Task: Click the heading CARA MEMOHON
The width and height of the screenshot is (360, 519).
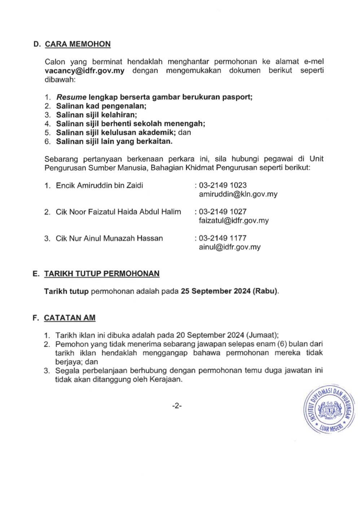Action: pyautogui.click(x=78, y=44)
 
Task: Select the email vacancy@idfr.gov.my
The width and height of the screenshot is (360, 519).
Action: pyautogui.click(x=84, y=71)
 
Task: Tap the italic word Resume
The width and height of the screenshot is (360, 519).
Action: pyautogui.click(x=71, y=97)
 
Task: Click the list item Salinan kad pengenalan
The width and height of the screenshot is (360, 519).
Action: pyautogui.click(x=101, y=106)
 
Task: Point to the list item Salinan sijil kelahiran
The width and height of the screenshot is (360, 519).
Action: pyautogui.click(x=96, y=115)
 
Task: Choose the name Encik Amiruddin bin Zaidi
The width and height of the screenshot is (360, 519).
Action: pyautogui.click(x=99, y=186)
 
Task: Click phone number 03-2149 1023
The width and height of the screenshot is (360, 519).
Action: pyautogui.click(x=223, y=185)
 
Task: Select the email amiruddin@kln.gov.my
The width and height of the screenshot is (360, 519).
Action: pyautogui.click(x=238, y=194)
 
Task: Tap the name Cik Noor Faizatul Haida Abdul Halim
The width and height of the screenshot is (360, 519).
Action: pyautogui.click(x=118, y=212)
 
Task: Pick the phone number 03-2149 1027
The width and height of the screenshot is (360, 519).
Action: pyautogui.click(x=223, y=212)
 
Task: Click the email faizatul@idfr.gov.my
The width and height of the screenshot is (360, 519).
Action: pyautogui.click(x=234, y=221)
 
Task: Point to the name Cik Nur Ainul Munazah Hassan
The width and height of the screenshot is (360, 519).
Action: pyautogui.click(x=109, y=238)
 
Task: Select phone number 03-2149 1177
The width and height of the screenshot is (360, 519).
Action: pyautogui.click(x=223, y=238)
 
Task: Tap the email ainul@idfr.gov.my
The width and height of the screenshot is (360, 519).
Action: pyautogui.click(x=229, y=247)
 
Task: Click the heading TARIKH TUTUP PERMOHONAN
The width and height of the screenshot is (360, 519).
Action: pyautogui.click(x=102, y=274)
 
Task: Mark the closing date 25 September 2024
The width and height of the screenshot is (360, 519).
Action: pyautogui.click(x=216, y=291)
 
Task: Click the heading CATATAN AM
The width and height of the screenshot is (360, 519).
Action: pyautogui.click(x=70, y=318)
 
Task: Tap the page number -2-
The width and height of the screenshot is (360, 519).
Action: pyautogui.click(x=177, y=406)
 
